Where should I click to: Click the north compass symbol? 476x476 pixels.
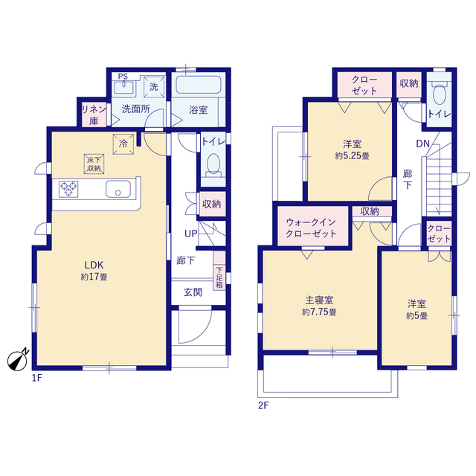[x=18, y=360]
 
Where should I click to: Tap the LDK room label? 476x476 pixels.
[x=94, y=265]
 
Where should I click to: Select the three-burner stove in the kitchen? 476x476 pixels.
[x=68, y=189]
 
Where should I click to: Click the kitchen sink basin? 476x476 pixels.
[x=118, y=189]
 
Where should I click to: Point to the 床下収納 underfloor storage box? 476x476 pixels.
[x=94, y=164]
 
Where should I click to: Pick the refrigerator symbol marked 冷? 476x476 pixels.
[x=123, y=144]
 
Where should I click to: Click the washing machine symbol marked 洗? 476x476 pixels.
[x=154, y=87]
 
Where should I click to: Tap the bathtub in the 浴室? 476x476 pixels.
[x=199, y=85]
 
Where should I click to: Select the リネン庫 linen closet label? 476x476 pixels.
[x=94, y=115]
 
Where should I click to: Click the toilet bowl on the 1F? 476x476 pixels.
[x=213, y=164]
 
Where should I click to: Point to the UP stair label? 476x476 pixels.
[x=191, y=234]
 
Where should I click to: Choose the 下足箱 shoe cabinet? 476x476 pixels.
[x=219, y=271]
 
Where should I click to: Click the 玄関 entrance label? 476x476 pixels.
[x=193, y=292]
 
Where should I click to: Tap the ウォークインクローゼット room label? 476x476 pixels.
[x=311, y=228]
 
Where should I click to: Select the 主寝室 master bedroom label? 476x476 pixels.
[x=319, y=300]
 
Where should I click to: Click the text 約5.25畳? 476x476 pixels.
[x=352, y=156]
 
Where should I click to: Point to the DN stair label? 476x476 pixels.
[x=422, y=144]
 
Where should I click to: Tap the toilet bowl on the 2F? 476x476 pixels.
[x=439, y=94]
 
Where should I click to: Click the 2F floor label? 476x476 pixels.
[x=263, y=405]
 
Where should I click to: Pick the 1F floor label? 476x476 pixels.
[x=37, y=378]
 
